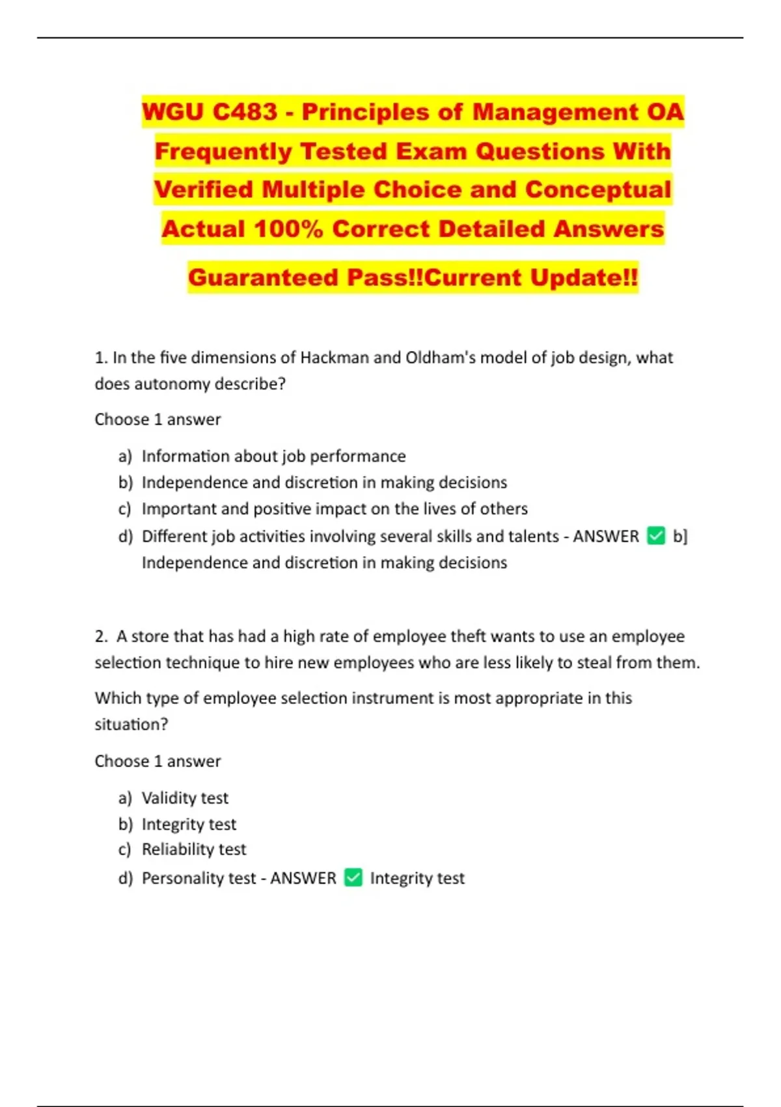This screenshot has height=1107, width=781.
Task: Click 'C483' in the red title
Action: [245, 112]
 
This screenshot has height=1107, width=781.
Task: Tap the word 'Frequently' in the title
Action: [223, 151]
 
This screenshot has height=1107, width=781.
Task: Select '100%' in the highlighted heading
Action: [288, 229]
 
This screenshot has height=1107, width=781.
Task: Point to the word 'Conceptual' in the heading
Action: [597, 189]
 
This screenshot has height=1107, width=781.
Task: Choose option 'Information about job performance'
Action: [273, 456]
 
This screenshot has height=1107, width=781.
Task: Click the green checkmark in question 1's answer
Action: [656, 536]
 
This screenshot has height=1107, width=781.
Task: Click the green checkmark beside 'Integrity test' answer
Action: [353, 878]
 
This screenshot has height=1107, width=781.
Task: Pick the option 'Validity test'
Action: [185, 798]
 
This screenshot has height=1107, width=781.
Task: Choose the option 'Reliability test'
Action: [194, 849]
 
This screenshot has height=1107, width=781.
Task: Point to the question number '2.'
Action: [101, 636]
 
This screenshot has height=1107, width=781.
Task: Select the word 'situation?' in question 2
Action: [131, 725]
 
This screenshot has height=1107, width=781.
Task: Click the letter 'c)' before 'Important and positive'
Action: [125, 509]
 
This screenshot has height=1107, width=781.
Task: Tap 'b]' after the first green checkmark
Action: [680, 536]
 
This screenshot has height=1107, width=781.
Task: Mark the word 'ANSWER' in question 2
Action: [303, 878]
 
